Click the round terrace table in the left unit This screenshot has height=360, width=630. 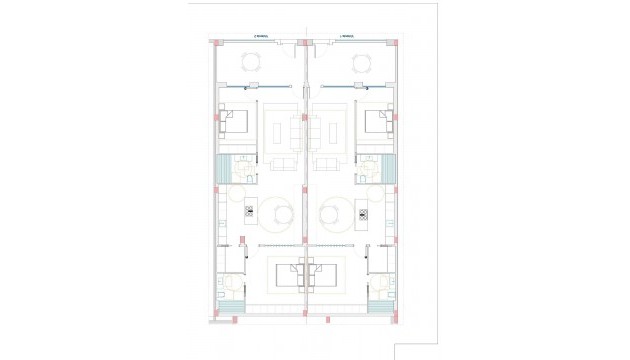coord(252,65)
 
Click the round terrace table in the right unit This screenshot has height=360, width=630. coord(362,65)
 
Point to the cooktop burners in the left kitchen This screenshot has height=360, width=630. coord(250,210)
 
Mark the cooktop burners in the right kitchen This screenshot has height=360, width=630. coord(363,210)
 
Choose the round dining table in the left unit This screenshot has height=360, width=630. coord(279,211)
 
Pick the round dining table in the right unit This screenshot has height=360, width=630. coord(334,211)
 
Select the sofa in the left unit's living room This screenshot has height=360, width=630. coord(282,163)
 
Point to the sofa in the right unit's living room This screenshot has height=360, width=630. coord(331,163)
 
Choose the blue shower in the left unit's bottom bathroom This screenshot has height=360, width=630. coord(223,306)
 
